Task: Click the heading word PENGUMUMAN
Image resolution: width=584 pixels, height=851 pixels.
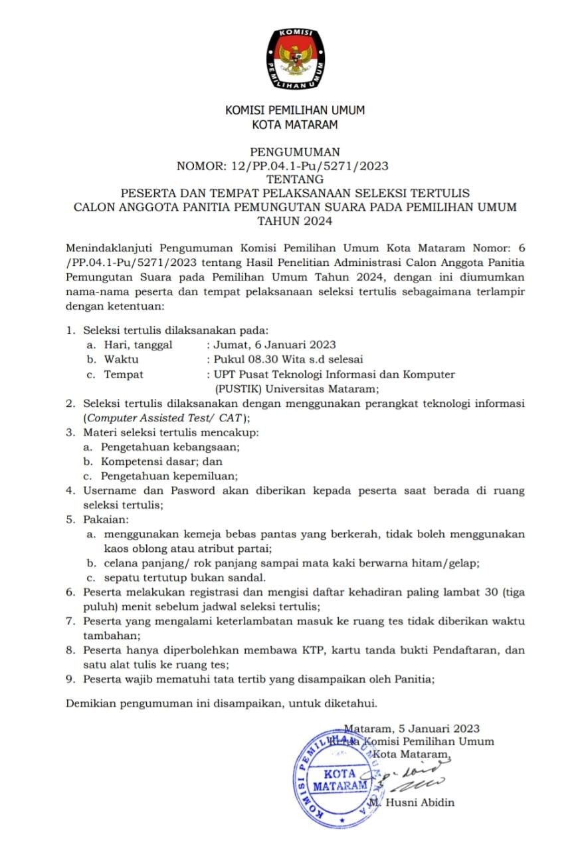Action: pyautogui.click(x=294, y=152)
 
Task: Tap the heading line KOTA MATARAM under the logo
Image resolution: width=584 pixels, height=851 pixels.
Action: pyautogui.click(x=295, y=124)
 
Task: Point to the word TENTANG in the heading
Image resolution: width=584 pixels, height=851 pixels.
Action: pyautogui.click(x=294, y=179)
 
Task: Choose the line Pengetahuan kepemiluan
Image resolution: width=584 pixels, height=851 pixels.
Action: pyautogui.click(x=169, y=476)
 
